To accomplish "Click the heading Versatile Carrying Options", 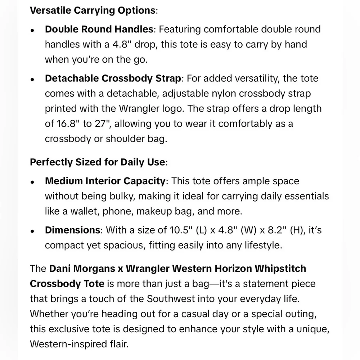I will pyautogui.click(x=93, y=10).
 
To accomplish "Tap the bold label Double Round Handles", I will pyautogui.click(x=99, y=29).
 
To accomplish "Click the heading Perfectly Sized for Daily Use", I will pyautogui.click(x=98, y=162).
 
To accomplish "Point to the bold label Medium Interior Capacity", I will pyautogui.click(x=105, y=181).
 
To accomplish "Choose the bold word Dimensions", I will pyautogui.click(x=72, y=230).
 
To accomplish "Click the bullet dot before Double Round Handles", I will pyautogui.click(x=32, y=30).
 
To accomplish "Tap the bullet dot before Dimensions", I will pyautogui.click(x=32, y=231).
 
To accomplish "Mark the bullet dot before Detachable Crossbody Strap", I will pyautogui.click(x=32, y=80).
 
